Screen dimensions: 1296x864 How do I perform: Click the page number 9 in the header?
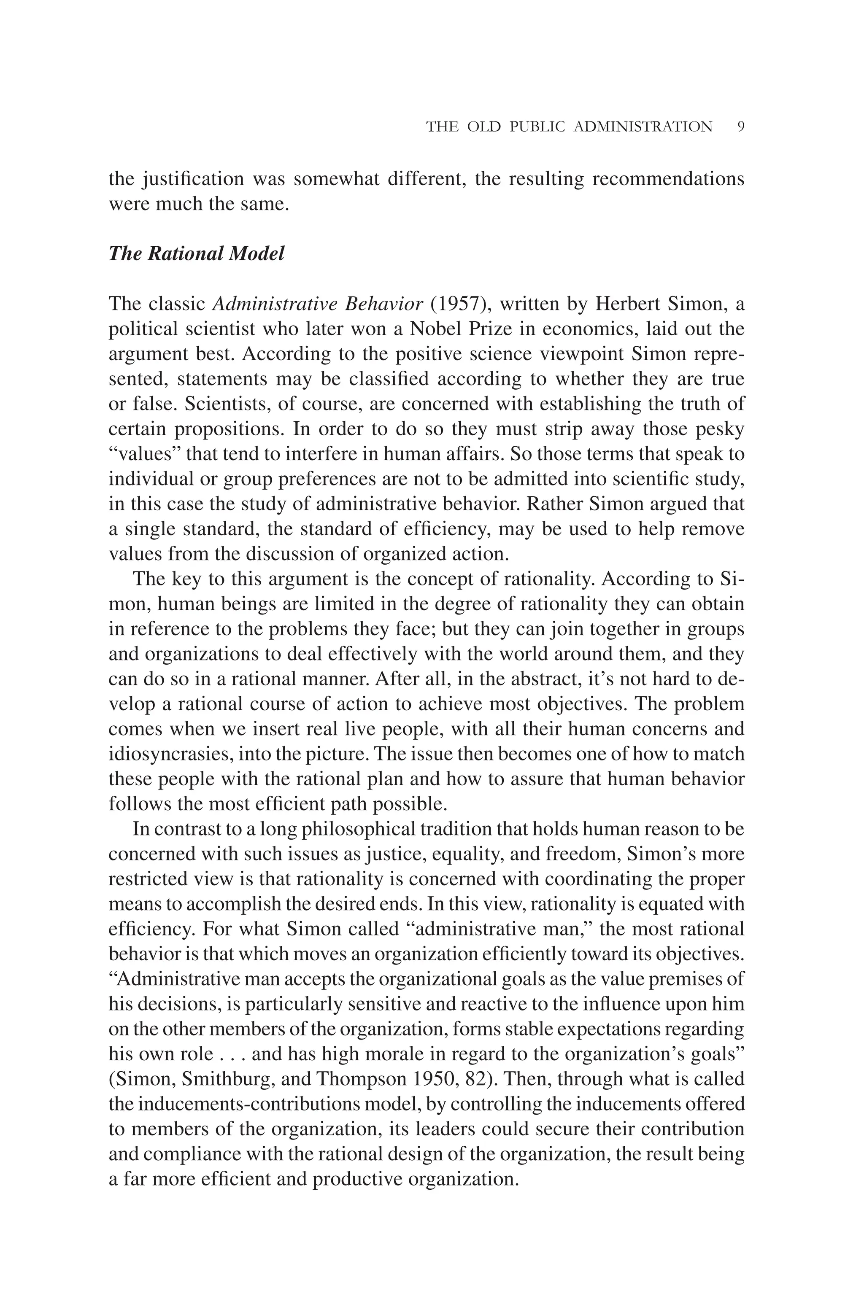pyautogui.click(x=740, y=127)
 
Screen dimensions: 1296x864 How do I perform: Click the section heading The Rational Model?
pyautogui.click(x=196, y=253)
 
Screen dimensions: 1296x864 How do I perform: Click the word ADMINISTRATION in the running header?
pyautogui.click(x=643, y=127)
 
